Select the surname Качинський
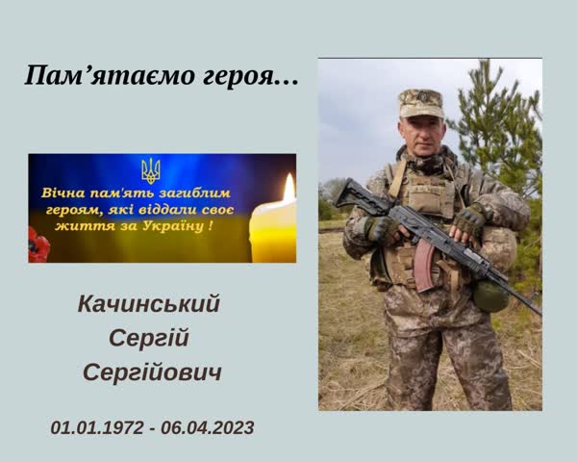click(x=149, y=304)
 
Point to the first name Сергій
click(x=149, y=339)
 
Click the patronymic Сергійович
click(x=152, y=372)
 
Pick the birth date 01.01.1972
click(x=97, y=427)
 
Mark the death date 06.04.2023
click(x=208, y=427)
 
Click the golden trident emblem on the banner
click(x=151, y=171)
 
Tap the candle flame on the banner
click(x=289, y=188)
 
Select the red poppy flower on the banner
click(x=38, y=245)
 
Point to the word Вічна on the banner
click(x=63, y=192)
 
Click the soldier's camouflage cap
click(x=421, y=103)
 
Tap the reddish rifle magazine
click(x=424, y=266)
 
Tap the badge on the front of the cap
click(x=422, y=97)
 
